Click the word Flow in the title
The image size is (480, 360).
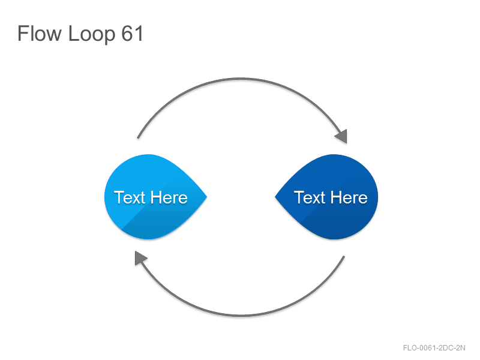[x=40, y=33]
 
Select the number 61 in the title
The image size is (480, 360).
[x=132, y=34]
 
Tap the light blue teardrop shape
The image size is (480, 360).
[x=155, y=197]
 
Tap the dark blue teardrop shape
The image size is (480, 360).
[x=326, y=197]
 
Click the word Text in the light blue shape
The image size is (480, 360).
[x=129, y=197]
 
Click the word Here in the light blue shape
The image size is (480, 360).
[x=169, y=197]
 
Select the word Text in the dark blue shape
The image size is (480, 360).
[x=309, y=197]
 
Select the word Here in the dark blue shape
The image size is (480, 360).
[x=349, y=197]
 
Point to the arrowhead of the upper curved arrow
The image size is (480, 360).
[x=342, y=136]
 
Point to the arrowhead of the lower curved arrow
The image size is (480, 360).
[x=140, y=258]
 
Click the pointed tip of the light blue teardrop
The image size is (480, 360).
[x=207, y=197]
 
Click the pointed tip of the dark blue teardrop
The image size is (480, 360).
[x=275, y=197]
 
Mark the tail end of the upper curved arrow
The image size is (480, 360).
[x=138, y=138]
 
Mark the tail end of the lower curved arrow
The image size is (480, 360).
[x=344, y=256]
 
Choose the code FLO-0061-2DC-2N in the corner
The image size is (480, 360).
[x=434, y=348]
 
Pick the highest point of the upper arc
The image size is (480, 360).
[x=241, y=79]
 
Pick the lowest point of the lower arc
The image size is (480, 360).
[x=241, y=315]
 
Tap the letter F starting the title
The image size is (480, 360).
[x=22, y=33]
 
